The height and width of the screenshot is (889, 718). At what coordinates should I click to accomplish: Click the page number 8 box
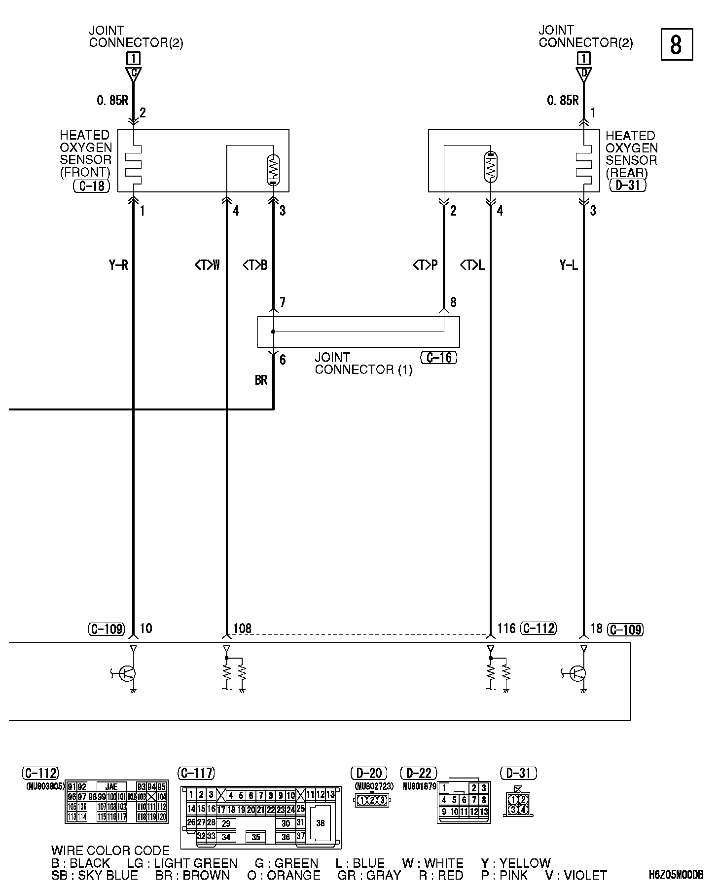point(676,44)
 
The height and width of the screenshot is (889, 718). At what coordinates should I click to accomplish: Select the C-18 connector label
point(91,186)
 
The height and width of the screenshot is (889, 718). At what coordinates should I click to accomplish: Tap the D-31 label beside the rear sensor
point(628,185)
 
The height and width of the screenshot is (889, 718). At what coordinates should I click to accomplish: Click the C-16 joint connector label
point(438,357)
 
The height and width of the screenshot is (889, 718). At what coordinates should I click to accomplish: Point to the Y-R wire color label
point(118,265)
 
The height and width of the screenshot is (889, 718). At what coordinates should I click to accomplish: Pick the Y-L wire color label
point(569,265)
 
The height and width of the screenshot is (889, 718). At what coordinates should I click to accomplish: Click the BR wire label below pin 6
point(261,380)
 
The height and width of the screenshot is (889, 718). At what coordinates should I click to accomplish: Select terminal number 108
point(242,629)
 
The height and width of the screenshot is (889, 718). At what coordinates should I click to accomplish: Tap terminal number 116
point(506,628)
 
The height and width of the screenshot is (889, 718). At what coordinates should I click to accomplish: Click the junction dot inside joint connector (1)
point(273,332)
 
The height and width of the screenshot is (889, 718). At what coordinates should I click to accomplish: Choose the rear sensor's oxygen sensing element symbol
point(490,167)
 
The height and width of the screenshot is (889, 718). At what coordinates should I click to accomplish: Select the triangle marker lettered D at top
point(584,74)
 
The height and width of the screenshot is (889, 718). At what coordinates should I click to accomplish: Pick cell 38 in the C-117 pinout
point(321,823)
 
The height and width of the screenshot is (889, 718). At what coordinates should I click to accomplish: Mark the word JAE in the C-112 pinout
point(111,787)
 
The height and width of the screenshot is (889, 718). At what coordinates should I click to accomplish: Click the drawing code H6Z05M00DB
point(676,875)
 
